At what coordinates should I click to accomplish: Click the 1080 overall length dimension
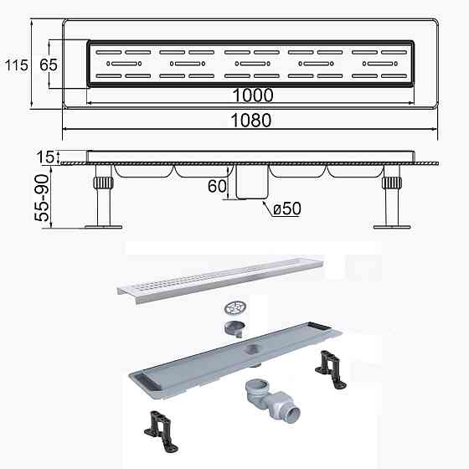[x=251, y=120]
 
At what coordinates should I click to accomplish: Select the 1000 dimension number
[x=253, y=95]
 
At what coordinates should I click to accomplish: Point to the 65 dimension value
[x=48, y=64]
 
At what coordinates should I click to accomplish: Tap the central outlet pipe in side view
[x=249, y=183]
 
